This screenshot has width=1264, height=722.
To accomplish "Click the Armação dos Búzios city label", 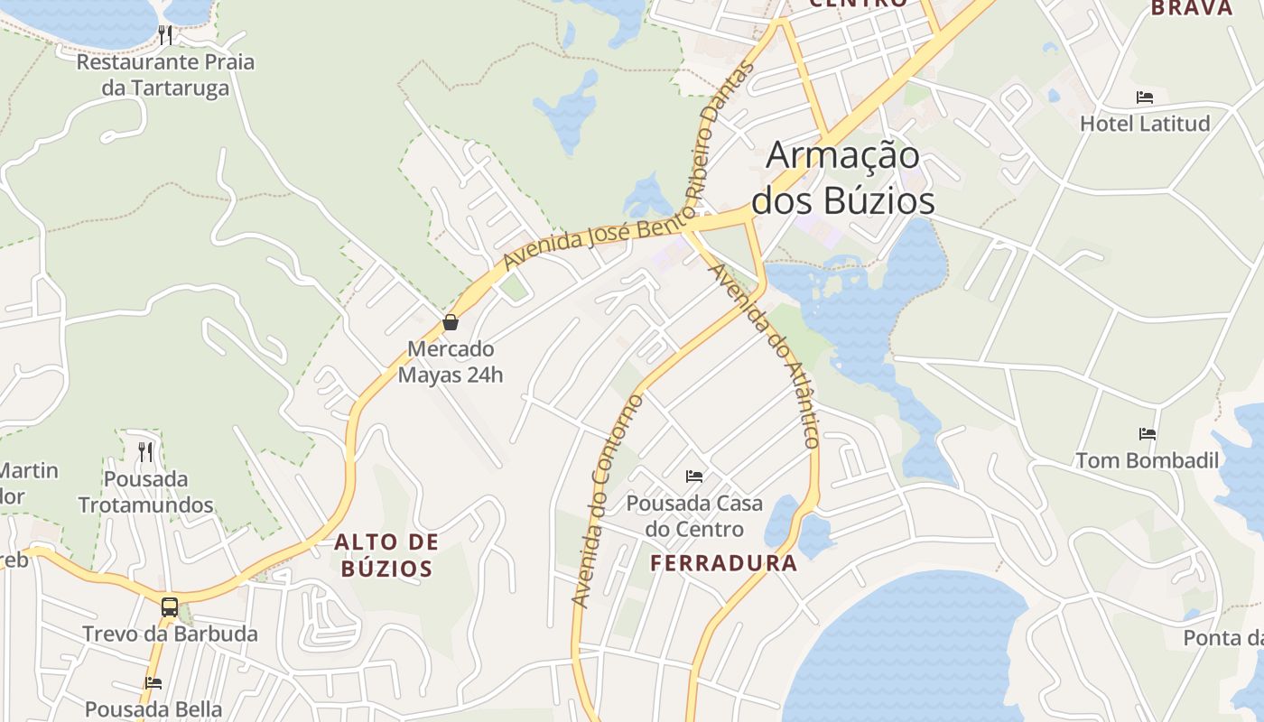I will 843,178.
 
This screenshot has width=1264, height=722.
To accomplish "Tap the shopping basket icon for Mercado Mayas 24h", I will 451,322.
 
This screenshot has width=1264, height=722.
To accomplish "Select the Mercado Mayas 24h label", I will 451,361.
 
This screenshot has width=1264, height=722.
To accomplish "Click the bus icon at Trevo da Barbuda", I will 170,606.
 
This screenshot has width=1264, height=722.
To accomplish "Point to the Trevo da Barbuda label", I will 170,634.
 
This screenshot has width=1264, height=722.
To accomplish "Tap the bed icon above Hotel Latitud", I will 1145,97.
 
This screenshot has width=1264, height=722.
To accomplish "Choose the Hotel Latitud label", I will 1145,124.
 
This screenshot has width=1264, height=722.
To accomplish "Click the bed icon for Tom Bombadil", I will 1148,434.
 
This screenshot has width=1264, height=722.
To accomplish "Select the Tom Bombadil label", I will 1147,460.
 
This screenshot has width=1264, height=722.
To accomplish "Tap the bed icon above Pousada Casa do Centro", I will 694,477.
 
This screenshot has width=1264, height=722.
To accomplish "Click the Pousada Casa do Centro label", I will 694,515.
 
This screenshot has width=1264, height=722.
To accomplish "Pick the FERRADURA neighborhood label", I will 724,564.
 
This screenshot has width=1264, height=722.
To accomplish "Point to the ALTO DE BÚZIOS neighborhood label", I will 386,555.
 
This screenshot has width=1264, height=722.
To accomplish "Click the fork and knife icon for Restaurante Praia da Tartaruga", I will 165,35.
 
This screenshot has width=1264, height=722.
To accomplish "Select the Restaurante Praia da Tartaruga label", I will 165,75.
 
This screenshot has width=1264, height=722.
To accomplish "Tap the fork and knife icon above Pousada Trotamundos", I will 145,451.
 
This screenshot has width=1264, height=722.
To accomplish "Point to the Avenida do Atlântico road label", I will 766,356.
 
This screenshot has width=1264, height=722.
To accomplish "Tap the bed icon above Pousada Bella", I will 153,683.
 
